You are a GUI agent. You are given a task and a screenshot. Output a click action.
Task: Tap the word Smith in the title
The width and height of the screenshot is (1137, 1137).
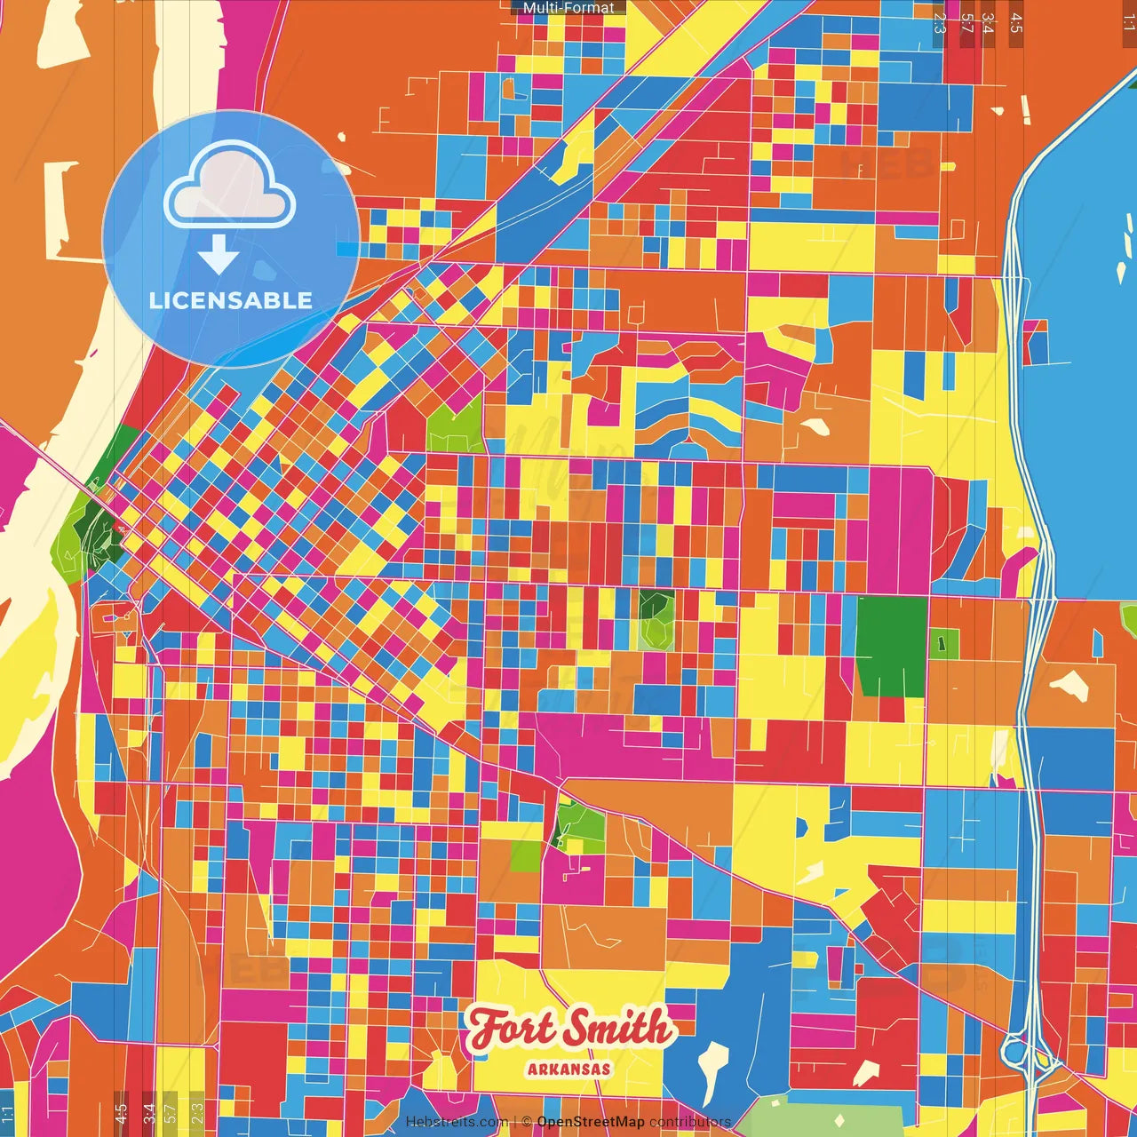[618, 1028]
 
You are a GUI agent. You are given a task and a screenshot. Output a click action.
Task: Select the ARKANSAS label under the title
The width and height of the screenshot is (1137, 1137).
[568, 1069]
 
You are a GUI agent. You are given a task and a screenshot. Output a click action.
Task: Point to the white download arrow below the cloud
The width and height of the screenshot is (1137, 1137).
[219, 254]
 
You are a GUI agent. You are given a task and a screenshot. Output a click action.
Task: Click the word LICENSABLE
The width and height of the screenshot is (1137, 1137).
[230, 300]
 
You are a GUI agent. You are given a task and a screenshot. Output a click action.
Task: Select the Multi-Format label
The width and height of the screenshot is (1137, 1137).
[568, 8]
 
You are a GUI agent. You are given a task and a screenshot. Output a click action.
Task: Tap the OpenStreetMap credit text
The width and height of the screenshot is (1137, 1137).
[591, 1122]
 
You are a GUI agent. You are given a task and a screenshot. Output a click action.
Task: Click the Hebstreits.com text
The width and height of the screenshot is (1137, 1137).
[457, 1122]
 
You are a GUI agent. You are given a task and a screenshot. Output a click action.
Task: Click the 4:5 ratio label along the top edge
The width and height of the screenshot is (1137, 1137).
[1016, 23]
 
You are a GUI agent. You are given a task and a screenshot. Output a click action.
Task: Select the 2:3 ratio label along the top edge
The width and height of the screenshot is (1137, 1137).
[940, 23]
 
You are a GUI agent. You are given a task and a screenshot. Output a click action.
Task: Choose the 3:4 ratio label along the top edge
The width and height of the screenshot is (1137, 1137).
[987, 23]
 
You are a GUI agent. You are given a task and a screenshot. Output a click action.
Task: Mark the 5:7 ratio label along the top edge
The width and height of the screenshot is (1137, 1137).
[966, 23]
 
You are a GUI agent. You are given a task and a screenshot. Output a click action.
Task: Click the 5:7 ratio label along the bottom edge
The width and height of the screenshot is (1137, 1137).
[171, 1112]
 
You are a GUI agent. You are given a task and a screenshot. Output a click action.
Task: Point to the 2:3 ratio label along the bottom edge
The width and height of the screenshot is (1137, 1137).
[197, 1112]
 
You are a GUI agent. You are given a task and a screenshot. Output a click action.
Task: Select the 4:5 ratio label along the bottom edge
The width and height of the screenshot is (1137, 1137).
[121, 1112]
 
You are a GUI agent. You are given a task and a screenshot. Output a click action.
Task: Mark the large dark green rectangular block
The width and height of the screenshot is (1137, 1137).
[891, 647]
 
